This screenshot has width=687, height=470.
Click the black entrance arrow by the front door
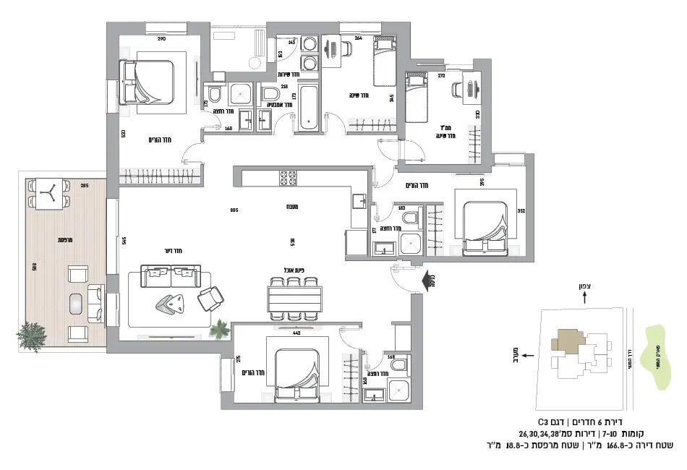tap(423, 278)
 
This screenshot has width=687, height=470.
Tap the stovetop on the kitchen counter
tap(288, 177)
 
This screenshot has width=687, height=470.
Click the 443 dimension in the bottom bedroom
tap(296, 333)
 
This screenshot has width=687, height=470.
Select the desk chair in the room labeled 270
tap(458, 90)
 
